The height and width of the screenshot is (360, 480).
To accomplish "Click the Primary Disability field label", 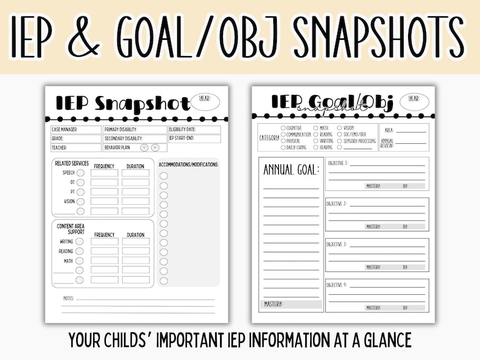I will tap(121, 129).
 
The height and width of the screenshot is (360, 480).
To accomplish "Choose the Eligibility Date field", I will tap(183, 129).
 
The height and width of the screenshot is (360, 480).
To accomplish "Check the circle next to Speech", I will tap(80, 173).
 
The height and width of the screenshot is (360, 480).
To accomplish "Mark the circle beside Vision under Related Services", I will tap(80, 202).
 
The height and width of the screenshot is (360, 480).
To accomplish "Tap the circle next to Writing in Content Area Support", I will tap(79, 242).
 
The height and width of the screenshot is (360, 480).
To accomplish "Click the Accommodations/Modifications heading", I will tap(188, 164).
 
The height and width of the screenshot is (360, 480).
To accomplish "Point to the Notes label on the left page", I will tap(68, 298).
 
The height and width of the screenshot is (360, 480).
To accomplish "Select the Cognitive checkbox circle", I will tap(284, 128).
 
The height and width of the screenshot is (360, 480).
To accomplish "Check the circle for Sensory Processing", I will tap(340, 141).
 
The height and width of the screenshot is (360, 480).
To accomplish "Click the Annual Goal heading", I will tap(291, 170).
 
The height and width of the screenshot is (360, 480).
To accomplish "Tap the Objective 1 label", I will tap(337, 163).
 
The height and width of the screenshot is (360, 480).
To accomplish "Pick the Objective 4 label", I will tap(337, 284).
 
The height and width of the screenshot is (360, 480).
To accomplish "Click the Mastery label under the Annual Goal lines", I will tap(274, 304).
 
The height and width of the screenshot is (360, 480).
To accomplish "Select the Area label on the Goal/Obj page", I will tap(389, 130).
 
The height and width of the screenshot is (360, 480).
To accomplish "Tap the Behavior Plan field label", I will tap(118, 147).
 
